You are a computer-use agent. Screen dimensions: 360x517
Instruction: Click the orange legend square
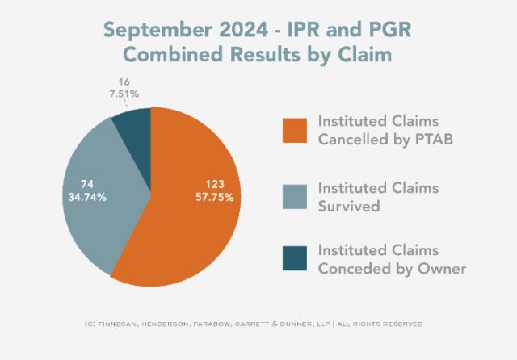tap(293, 129)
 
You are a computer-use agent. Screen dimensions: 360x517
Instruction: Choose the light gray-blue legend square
tap(293, 196)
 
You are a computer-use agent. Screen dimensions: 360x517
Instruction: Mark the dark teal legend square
tap(293, 260)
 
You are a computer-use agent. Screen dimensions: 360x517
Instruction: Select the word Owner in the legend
tap(443, 269)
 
